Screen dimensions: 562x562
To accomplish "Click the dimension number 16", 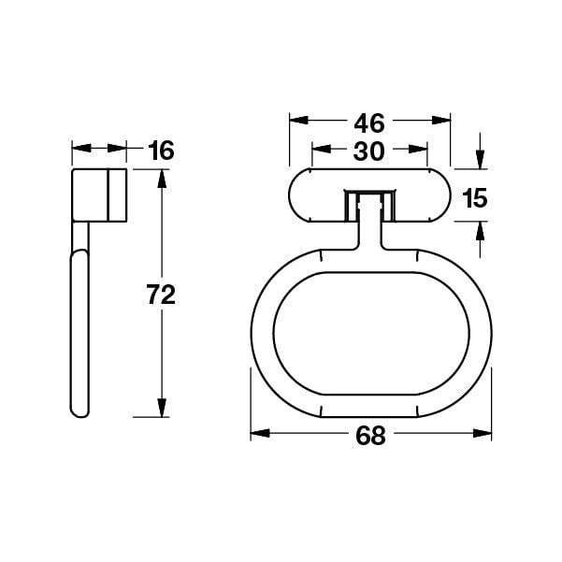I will pos(161,150).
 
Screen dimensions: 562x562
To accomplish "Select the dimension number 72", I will pos(161,295).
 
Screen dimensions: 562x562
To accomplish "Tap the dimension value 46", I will pos(369,122).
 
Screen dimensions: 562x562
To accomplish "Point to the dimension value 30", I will pos(369,151).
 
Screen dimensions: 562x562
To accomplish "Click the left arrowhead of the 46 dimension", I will pos(296,121).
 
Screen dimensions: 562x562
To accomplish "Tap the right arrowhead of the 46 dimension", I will pos(442,121).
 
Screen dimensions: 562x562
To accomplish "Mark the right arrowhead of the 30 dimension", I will pos(421,150).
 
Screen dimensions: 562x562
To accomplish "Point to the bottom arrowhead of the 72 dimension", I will pos(161,410).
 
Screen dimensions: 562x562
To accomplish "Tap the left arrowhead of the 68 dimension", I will pos(258,433).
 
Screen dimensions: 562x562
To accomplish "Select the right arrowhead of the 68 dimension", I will pos(483,433).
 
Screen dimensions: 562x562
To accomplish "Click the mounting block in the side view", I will pos(98,195).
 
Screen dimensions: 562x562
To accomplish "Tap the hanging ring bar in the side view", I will pos(79,332).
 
